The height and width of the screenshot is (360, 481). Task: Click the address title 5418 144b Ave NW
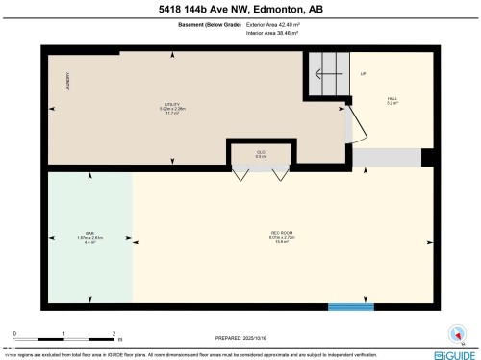[x=240, y=10]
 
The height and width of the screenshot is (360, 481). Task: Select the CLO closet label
[x=261, y=153]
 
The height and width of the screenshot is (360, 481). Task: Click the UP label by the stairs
[x=364, y=74]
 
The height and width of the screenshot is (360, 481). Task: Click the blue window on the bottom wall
[x=350, y=307]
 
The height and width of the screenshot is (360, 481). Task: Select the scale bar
[x=64, y=338]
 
